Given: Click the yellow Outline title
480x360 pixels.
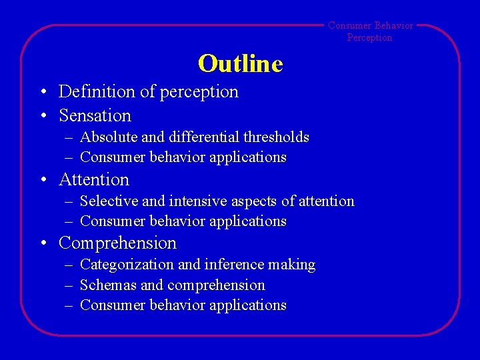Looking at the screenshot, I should [x=240, y=64].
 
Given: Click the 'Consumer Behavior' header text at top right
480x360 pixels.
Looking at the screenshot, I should [x=370, y=26].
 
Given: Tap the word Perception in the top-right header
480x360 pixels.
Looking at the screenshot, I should [x=369, y=38].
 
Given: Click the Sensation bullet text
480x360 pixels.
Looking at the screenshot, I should [x=95, y=115].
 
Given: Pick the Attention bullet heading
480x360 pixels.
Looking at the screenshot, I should [x=94, y=179].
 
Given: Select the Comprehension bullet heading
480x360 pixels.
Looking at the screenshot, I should [x=117, y=243].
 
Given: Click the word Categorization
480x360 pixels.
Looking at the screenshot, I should [x=127, y=265].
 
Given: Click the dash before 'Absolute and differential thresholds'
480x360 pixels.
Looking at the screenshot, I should [x=69, y=138].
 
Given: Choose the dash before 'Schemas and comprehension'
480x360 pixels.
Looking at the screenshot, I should [x=69, y=286].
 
